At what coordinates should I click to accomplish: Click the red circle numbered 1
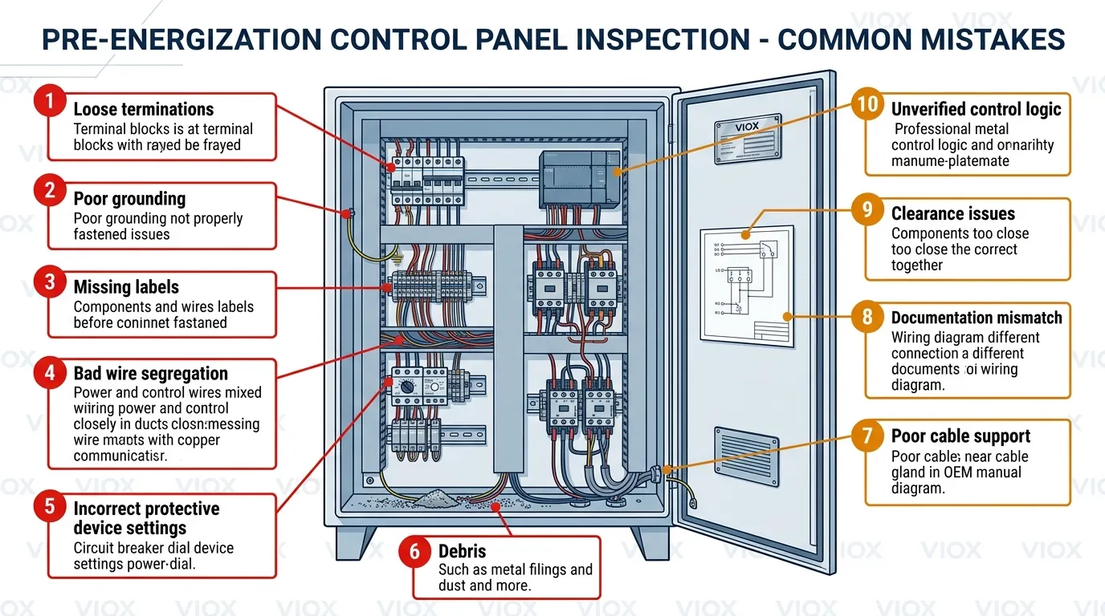click(49, 102)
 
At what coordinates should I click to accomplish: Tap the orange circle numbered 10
click(866, 105)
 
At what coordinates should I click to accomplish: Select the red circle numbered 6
click(414, 553)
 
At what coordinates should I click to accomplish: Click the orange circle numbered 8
click(866, 316)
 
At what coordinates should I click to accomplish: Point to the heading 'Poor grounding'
click(129, 199)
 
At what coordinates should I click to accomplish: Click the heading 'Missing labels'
click(126, 287)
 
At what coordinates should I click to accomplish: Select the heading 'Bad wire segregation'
click(150, 374)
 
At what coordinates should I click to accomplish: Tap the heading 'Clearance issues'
click(952, 214)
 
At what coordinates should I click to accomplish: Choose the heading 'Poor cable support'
click(960, 436)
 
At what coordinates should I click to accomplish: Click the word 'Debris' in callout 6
click(463, 552)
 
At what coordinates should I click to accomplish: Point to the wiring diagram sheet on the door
click(746, 286)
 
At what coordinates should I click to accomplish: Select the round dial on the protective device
click(407, 386)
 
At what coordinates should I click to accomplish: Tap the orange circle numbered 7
click(866, 436)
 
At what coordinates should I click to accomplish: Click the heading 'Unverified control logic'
click(976, 110)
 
